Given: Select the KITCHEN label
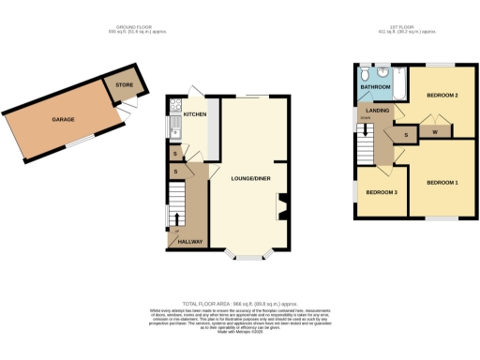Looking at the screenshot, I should pos(194,114).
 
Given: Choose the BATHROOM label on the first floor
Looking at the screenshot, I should pos(374,86).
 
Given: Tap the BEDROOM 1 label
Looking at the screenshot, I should pos(442,181).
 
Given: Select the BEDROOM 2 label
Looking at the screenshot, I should pos(442,96).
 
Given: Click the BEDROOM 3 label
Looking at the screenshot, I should pos(381,192).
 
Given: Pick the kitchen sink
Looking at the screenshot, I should pos(172,125).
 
